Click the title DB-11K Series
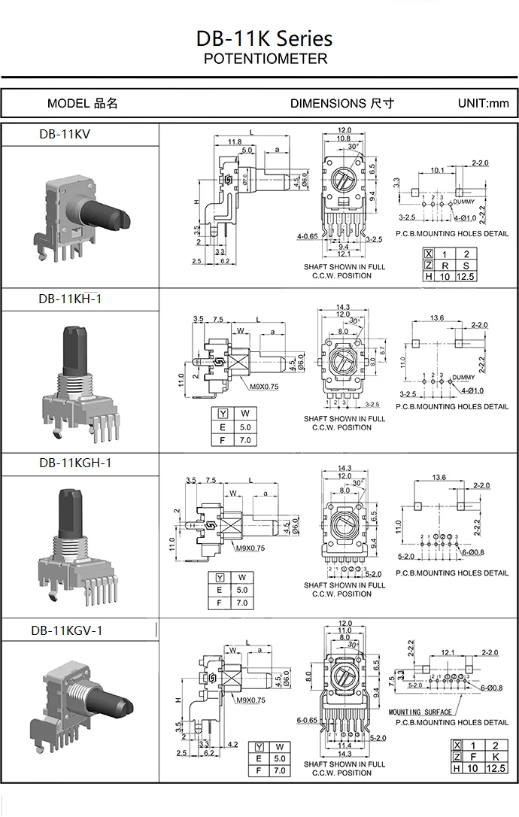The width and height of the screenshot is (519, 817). click(264, 38)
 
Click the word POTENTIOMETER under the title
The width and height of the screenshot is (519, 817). click(266, 59)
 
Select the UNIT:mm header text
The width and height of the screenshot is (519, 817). click(483, 103)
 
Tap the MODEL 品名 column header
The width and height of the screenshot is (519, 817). click(82, 103)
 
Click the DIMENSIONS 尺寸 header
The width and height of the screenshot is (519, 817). click(341, 103)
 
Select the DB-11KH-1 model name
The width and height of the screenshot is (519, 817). click(70, 299)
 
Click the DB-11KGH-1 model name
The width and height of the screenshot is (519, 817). click(74, 463)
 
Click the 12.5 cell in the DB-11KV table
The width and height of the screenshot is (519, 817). click(466, 277)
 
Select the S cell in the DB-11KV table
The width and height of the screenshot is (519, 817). click(466, 266)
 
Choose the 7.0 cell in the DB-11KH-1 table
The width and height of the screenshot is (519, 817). click(244, 440)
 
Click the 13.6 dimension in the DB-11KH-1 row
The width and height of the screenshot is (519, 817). click(436, 319)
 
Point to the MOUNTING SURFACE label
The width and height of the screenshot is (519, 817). click(420, 712)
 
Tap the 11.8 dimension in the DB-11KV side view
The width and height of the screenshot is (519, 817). click(234, 141)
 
